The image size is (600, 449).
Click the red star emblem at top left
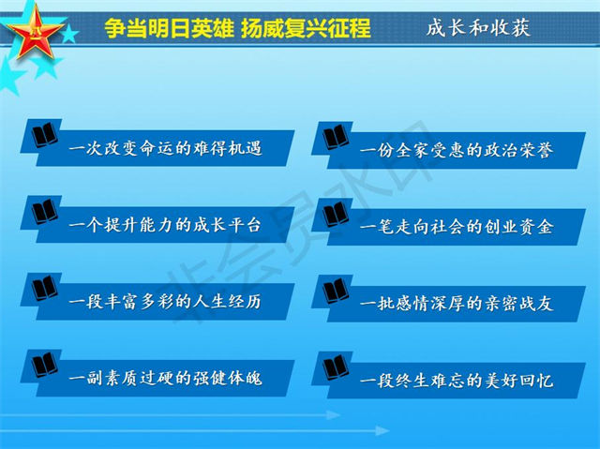[x=36, y=32]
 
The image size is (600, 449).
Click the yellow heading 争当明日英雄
[x=169, y=28]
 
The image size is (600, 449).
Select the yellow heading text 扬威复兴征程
[x=307, y=28]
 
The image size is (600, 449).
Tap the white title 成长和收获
[x=478, y=27]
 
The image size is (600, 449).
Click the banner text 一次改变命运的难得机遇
[x=165, y=148]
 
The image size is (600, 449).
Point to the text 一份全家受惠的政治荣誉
[x=457, y=150]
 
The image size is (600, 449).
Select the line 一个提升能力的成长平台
[x=165, y=225]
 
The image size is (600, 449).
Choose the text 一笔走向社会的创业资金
[x=457, y=227]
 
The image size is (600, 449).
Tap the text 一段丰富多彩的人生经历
[x=165, y=302]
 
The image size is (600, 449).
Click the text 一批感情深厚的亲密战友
[x=457, y=304]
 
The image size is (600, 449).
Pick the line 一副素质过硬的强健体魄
[x=165, y=379]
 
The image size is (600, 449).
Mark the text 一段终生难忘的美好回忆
[x=457, y=381]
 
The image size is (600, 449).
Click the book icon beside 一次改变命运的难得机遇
[x=45, y=135]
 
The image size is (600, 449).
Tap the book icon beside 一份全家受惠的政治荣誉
[x=336, y=137]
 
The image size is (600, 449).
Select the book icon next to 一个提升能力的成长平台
[x=45, y=212]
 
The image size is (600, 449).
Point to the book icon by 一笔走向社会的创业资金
[x=336, y=214]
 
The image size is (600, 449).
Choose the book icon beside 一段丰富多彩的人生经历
[x=45, y=288]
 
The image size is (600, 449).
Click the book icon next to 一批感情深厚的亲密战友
[x=336, y=291]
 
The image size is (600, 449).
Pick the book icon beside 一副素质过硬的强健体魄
[x=45, y=365]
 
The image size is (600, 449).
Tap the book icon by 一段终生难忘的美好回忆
[x=336, y=367]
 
